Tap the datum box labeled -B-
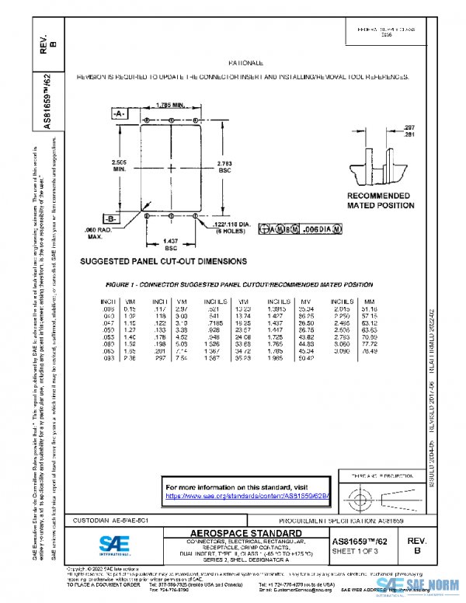point(111,218)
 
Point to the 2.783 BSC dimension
point(225,166)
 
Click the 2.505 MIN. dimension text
point(119,165)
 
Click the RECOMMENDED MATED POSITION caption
point(377,200)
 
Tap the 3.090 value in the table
point(340,350)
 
